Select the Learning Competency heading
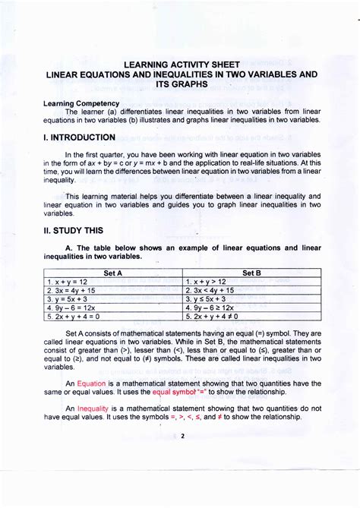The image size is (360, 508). (x=81, y=103)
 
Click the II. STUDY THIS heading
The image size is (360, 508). (x=77, y=230)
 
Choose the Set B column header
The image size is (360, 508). (x=251, y=272)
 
